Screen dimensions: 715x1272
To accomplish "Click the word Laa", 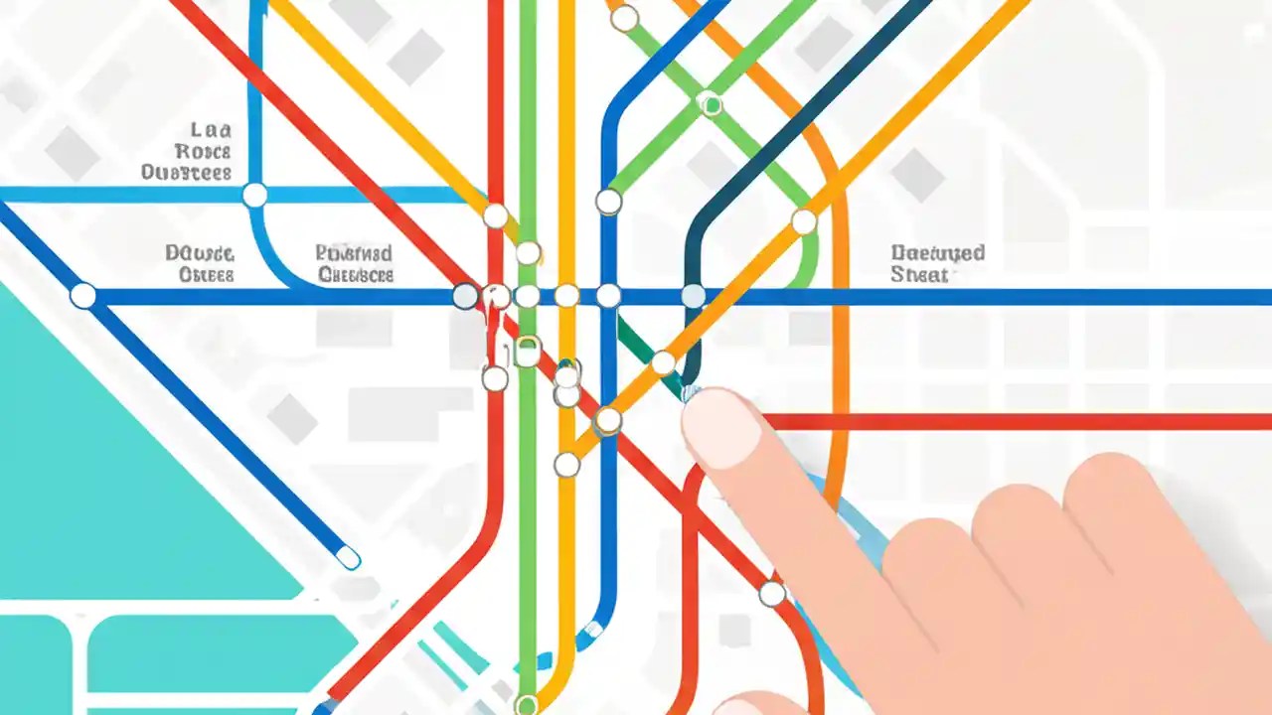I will (210, 130).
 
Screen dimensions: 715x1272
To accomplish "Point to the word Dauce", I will (200, 253).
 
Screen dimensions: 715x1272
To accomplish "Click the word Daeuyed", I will (937, 252).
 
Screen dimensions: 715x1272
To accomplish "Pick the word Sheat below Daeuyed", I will (919, 274).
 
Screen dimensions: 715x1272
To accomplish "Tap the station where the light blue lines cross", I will (255, 195).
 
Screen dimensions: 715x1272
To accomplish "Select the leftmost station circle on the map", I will (83, 296).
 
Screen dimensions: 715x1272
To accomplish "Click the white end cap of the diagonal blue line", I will (348, 558).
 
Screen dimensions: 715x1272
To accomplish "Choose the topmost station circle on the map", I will (624, 18).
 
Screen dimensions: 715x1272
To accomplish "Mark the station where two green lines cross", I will (710, 103).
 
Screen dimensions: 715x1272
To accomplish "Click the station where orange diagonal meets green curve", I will (803, 221).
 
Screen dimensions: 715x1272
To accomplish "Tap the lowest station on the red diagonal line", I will (772, 594).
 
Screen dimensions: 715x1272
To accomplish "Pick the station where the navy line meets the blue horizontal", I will (693, 296).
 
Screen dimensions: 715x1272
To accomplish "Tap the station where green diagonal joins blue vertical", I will (608, 202).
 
